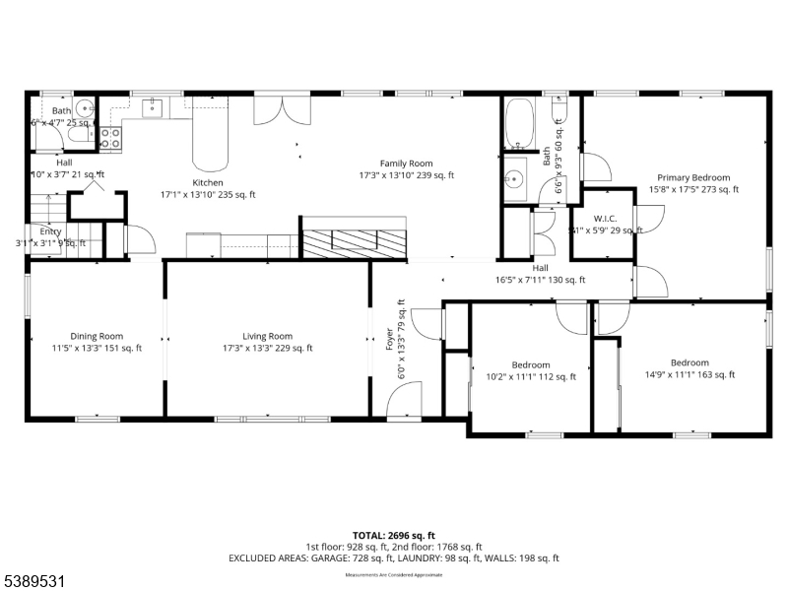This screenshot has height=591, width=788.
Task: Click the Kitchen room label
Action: tap(208, 182)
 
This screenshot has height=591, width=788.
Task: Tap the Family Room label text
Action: tap(407, 164)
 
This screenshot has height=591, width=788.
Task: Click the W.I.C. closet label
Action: tap(605, 219)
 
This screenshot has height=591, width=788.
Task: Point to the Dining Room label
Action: tap(97, 336)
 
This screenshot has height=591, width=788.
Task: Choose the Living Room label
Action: tap(267, 336)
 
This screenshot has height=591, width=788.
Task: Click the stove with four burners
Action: tap(109, 138)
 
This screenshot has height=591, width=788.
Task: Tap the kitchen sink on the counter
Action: tap(153, 108)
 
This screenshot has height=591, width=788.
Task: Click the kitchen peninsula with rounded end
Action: tap(208, 138)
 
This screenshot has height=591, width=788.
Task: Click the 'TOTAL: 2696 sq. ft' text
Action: tap(394, 536)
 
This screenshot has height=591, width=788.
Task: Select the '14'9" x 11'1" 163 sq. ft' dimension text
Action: tap(689, 374)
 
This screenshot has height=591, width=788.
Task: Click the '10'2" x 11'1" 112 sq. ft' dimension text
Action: tap(531, 375)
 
